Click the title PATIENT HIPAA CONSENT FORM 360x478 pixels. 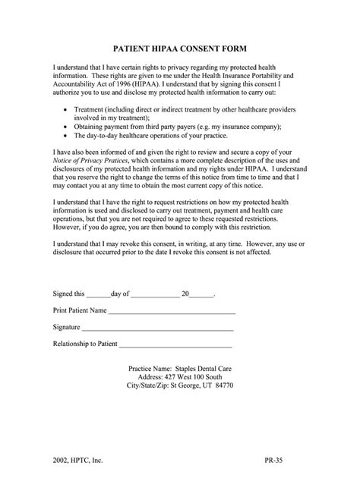[x=179, y=47]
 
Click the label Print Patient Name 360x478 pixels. [x=79, y=310]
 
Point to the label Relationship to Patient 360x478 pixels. [x=85, y=343]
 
